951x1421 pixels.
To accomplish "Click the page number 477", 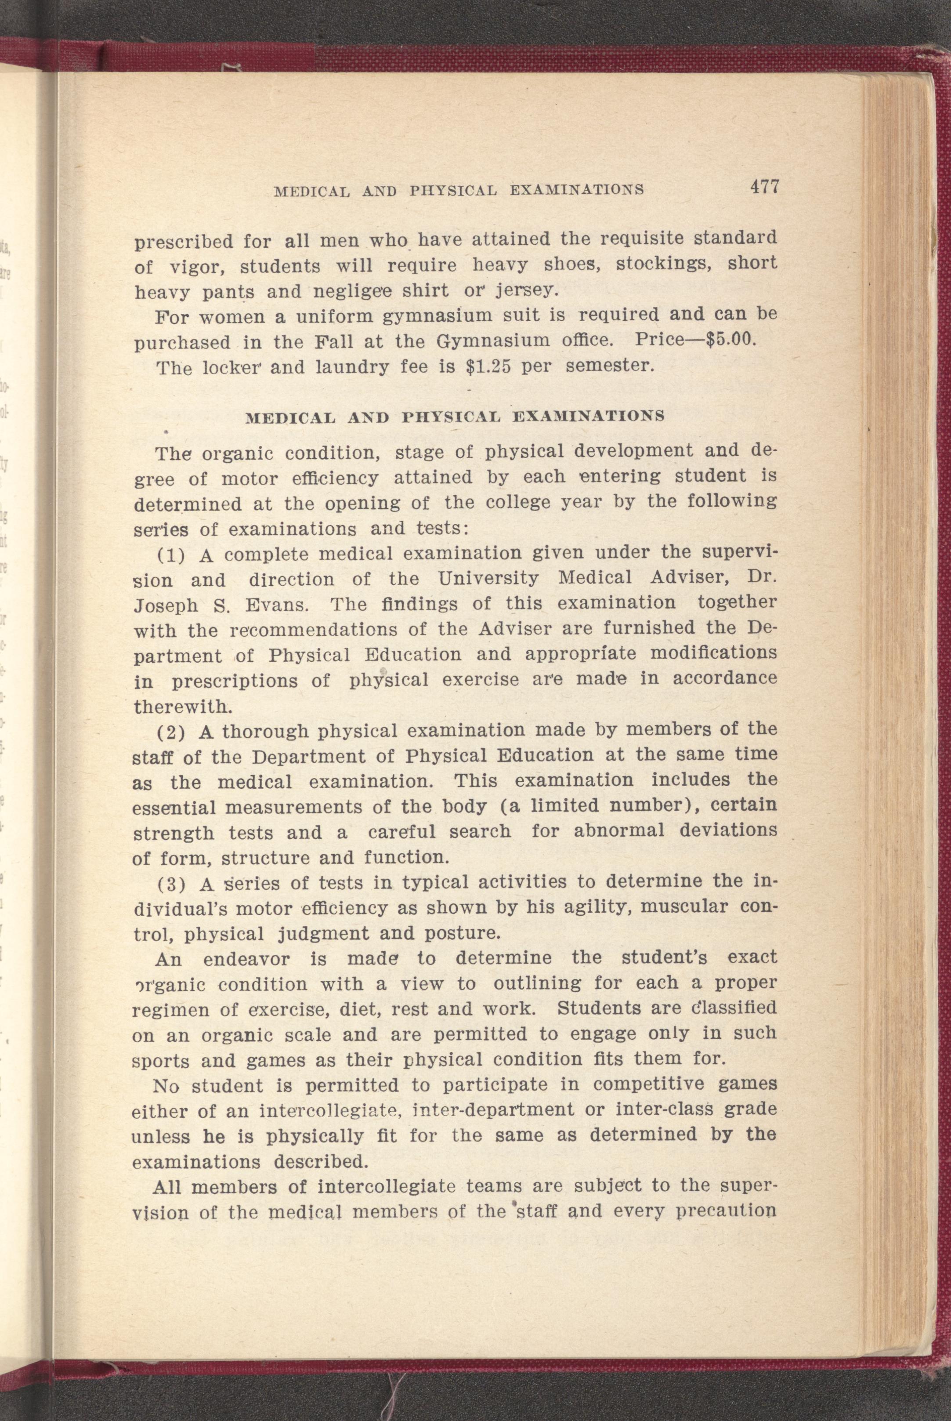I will [x=763, y=186].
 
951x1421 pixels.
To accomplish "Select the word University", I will [x=488, y=578].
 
